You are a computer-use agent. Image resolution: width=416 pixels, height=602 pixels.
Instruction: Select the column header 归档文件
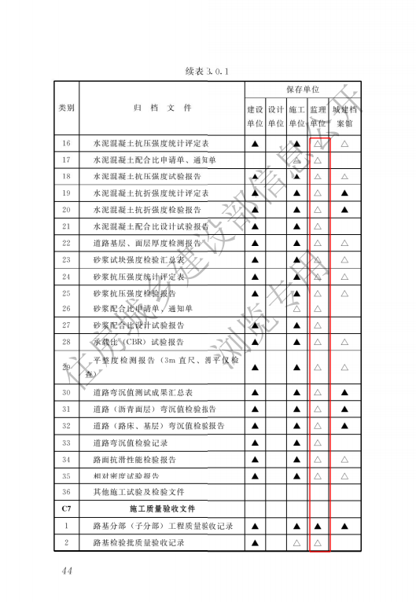pyautogui.click(x=161, y=108)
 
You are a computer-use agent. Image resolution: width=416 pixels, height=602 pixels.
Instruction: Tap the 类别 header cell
pyautogui.click(x=66, y=108)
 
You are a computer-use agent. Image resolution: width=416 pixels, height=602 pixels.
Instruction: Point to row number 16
pyautogui.click(x=66, y=143)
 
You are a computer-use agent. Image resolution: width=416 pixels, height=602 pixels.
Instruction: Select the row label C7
pyautogui.click(x=66, y=508)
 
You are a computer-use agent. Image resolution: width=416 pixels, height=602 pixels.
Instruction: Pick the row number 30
pyautogui.click(x=66, y=392)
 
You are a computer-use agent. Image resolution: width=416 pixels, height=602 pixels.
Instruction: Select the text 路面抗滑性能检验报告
pyautogui.click(x=134, y=459)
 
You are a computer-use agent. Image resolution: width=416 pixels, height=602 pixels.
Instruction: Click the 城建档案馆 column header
pyautogui.click(x=344, y=116)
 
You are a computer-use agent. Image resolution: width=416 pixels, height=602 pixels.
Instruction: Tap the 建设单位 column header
pyautogui.click(x=255, y=116)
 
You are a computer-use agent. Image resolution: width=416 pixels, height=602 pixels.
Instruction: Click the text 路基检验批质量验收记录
pyautogui.click(x=138, y=542)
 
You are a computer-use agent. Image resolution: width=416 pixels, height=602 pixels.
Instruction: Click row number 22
pyautogui.click(x=66, y=243)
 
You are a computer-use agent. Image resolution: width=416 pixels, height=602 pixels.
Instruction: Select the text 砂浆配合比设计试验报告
pyautogui.click(x=138, y=325)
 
